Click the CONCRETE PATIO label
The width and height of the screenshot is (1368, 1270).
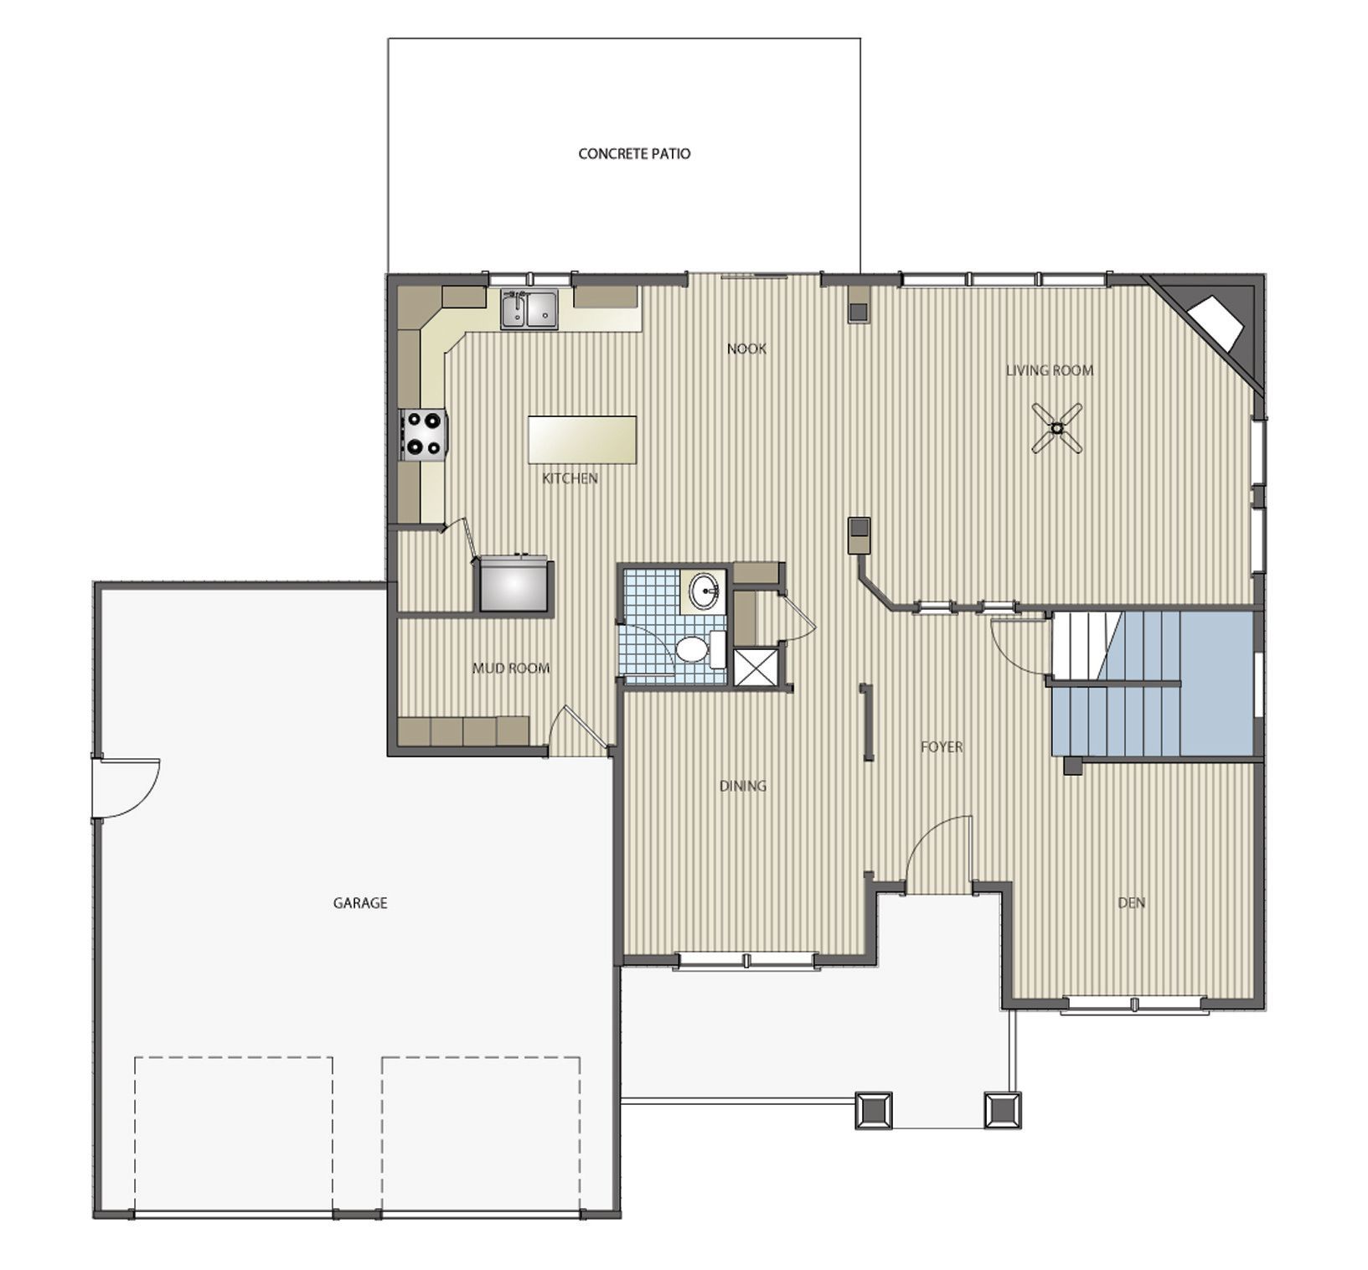[x=634, y=154]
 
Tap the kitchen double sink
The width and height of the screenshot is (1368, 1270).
[x=529, y=309]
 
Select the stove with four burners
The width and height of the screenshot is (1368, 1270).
[x=424, y=435]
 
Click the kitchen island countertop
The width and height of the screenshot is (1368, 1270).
[x=581, y=440]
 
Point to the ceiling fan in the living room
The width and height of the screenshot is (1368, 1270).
[x=1057, y=428]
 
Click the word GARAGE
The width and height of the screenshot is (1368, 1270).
[x=360, y=903]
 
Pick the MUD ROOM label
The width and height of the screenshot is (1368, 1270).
[x=511, y=669]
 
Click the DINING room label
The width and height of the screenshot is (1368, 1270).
[x=743, y=786]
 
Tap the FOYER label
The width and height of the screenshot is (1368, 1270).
[x=942, y=746]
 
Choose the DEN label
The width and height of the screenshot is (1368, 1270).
[x=1131, y=903]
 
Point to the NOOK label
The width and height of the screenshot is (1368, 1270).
[x=746, y=348]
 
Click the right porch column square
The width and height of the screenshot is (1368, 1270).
[x=1002, y=1110]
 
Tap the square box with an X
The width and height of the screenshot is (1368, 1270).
[x=755, y=667]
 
